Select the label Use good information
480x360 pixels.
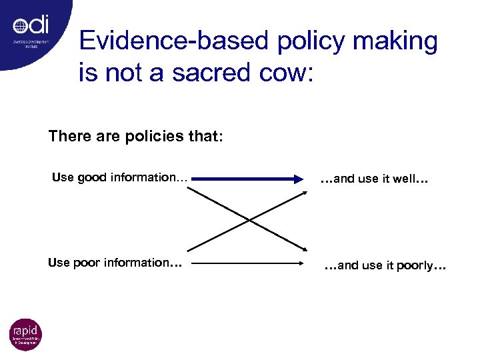[x=120, y=177]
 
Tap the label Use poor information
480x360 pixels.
[x=115, y=263]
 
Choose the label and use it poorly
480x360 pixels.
[x=385, y=266]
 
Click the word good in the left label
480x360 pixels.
[x=91, y=177]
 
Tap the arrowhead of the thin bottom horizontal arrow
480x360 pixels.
[x=301, y=263]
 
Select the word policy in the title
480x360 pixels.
[x=301, y=41]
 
